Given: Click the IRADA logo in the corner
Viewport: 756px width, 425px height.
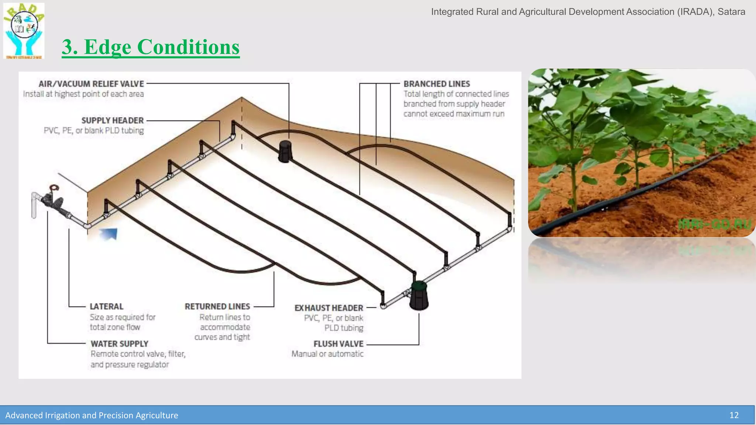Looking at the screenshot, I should pos(24,31).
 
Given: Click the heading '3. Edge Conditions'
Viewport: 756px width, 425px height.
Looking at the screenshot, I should pos(151,47).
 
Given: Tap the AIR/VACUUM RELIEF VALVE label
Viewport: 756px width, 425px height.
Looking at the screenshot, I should pos(91,84).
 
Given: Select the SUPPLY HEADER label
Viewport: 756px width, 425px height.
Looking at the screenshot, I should pos(112,121).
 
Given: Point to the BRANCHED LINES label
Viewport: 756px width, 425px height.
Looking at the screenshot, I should pos(437,84).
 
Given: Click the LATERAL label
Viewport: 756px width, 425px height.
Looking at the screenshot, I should pos(106,307).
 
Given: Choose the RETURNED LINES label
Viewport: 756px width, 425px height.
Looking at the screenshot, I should pos(217,307).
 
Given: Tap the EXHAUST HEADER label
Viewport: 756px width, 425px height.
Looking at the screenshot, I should pos(329,308).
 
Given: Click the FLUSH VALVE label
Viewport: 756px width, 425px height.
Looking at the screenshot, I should pos(339,344).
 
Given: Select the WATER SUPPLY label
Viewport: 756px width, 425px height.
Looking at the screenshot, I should pos(120,344).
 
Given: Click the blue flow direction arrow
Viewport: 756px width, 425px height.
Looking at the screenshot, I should pos(109,234).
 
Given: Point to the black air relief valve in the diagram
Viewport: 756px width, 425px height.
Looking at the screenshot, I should pos(285,151).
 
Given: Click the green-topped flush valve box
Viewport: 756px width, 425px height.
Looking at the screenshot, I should pos(419,295).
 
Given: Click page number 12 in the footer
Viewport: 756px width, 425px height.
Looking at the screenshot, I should pos(734,415).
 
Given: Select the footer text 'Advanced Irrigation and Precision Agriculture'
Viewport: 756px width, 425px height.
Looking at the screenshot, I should pos(92,415).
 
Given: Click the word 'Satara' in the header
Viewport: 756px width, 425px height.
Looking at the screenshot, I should pos(731,12).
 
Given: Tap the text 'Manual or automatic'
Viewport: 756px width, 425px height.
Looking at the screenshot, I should pos(327,354).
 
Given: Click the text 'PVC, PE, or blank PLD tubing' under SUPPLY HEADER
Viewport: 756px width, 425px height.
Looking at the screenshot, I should pos(94,131).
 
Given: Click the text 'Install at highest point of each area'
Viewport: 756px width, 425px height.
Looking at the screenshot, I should pos(83,94).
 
